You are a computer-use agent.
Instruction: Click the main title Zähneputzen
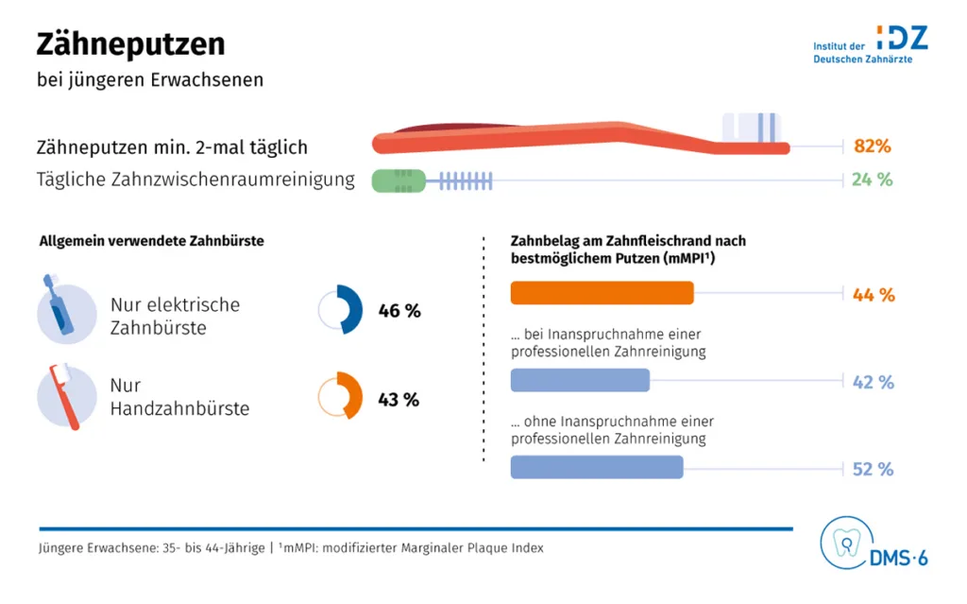tap(130, 43)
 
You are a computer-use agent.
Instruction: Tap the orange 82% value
tap(872, 147)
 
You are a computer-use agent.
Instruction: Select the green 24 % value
tap(872, 180)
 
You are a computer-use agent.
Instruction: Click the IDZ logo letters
tap(902, 38)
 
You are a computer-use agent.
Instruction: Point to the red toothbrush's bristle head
tap(754, 128)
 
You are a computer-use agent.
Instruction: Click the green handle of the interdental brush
tap(397, 180)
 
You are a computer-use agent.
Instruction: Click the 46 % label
tap(399, 311)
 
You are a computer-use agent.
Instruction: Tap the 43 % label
tap(399, 400)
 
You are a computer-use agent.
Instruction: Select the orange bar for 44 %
tap(602, 294)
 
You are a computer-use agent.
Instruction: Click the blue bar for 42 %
tap(580, 381)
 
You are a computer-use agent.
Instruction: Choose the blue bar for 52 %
tap(596, 468)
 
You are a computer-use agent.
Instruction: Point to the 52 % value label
tap(873, 469)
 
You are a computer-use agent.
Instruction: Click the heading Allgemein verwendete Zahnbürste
tap(151, 241)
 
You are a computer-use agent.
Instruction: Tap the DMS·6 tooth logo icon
tap(844, 543)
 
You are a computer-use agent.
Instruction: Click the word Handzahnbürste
tap(179, 409)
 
